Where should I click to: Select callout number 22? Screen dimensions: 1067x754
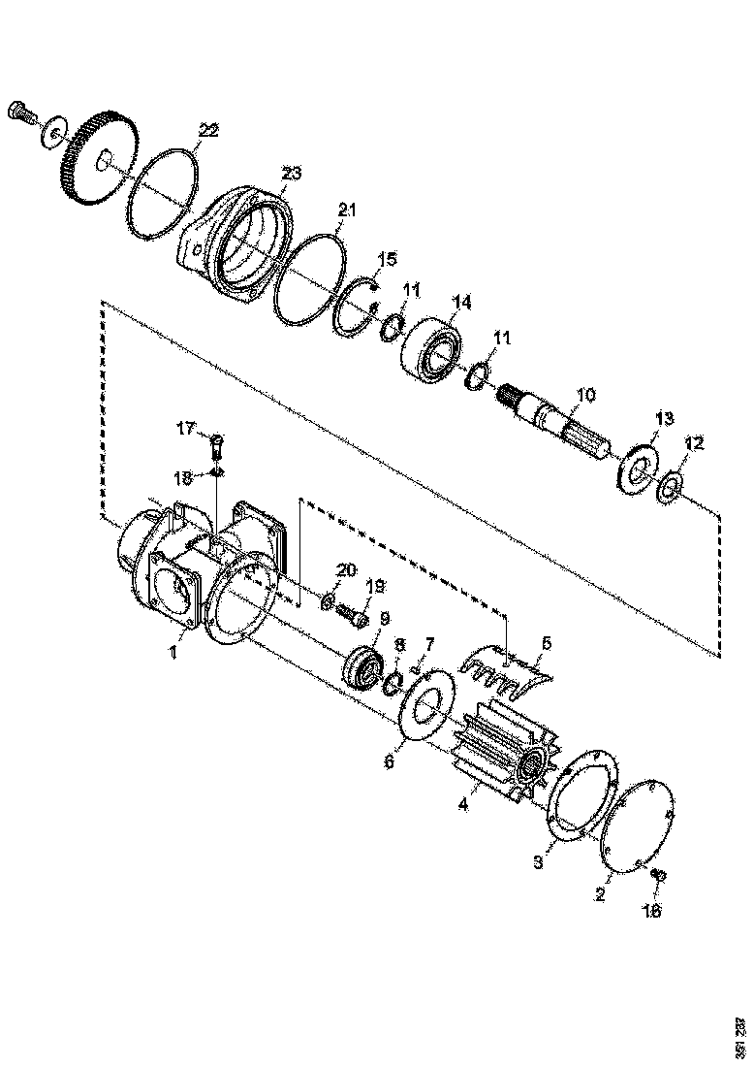(208, 130)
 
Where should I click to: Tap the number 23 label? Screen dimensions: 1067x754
(291, 174)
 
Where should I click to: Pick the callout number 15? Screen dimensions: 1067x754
(387, 259)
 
